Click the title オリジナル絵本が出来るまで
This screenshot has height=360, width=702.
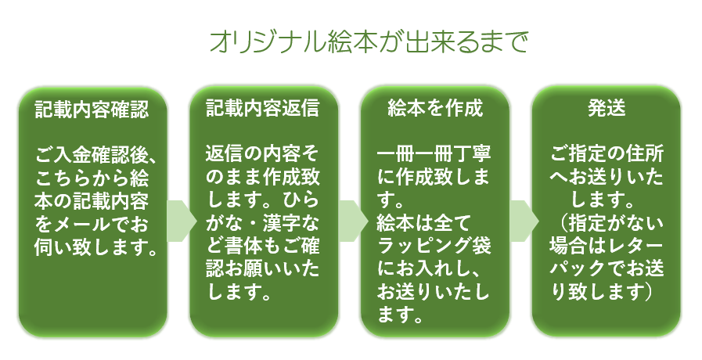[x=369, y=42]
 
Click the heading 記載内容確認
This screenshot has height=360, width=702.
[x=92, y=110]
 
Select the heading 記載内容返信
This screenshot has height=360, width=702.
[x=263, y=108]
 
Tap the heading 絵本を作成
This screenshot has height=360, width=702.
[x=435, y=108]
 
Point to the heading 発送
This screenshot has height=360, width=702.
[x=607, y=108]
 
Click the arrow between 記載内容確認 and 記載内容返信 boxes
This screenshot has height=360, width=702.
[x=182, y=221]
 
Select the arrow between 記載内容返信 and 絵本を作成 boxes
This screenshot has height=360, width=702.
[x=353, y=221]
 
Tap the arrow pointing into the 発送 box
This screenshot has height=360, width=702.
[x=524, y=221]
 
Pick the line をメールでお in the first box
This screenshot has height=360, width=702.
[x=92, y=224]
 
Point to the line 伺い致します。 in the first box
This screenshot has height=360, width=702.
[x=96, y=247]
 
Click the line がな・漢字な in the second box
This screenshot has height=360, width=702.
[x=263, y=223]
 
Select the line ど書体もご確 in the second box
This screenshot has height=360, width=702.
[x=263, y=247]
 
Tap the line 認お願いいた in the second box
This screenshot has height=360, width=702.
[x=263, y=269]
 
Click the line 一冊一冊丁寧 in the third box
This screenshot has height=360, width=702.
[x=434, y=154]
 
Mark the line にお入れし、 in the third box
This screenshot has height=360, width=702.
[x=429, y=269]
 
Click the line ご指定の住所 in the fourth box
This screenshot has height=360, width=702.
[x=607, y=154]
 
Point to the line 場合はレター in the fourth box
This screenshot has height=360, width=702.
[x=607, y=247]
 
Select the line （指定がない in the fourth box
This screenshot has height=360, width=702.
[x=607, y=223]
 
